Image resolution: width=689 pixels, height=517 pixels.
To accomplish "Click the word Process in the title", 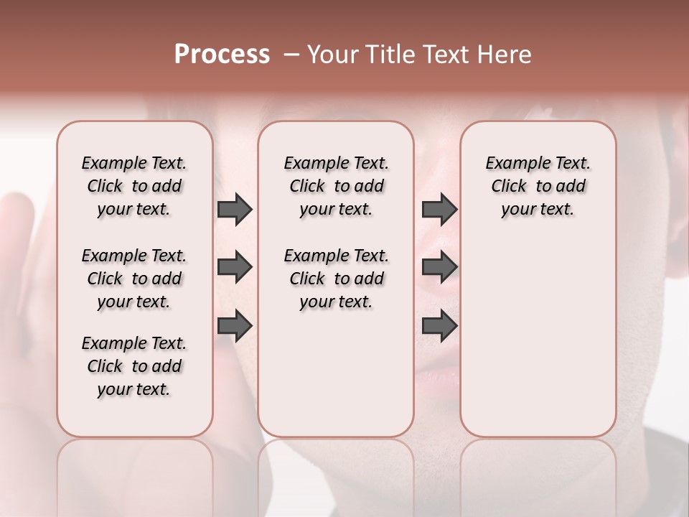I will coord(222,55).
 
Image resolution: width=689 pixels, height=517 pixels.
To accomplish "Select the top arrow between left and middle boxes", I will coord(235,209).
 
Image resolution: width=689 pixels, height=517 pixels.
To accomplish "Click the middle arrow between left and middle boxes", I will coord(235,267).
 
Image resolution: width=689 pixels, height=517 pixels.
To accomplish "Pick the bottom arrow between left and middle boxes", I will coord(235,325).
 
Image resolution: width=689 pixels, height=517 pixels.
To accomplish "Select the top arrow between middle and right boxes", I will coord(439,209).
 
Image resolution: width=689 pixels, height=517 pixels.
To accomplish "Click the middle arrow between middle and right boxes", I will coord(439,267).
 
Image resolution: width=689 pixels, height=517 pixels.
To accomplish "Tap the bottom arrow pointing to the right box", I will coord(439,325).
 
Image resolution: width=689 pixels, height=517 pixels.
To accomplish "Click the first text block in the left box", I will coord(134,186).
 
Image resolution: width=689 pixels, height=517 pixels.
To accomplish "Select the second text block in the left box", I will coord(134,279).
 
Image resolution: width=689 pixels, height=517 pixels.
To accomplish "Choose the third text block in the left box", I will coord(134,366).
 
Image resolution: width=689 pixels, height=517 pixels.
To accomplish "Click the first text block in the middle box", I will coord(336,186).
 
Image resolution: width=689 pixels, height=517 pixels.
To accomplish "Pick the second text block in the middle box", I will coord(336,279).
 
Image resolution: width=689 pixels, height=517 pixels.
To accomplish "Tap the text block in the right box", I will coord(538,186).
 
